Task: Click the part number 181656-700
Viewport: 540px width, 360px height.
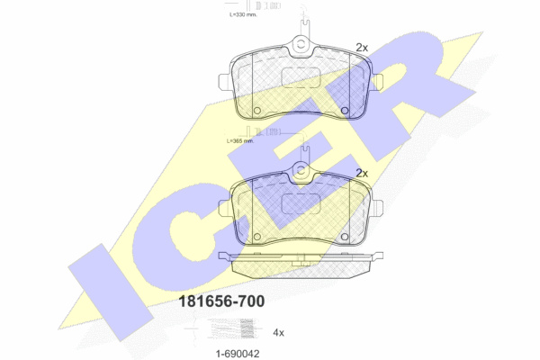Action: pyautogui.click(x=221, y=301)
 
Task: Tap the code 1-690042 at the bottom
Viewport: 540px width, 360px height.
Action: pyautogui.click(x=238, y=354)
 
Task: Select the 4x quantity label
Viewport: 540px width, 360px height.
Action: pyautogui.click(x=278, y=332)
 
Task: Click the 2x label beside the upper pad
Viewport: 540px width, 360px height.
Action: pyautogui.click(x=362, y=48)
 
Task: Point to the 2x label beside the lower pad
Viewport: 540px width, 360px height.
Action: pyautogui.click(x=362, y=174)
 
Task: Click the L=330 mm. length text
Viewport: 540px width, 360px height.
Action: pyautogui.click(x=243, y=14)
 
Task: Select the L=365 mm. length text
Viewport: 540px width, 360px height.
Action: pyautogui.click(x=240, y=141)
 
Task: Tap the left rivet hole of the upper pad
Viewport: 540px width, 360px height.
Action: pyautogui.click(x=256, y=111)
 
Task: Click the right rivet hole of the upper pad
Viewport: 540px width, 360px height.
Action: pyautogui.click(x=345, y=111)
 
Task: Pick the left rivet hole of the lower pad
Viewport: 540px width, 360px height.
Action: pyautogui.click(x=256, y=237)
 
